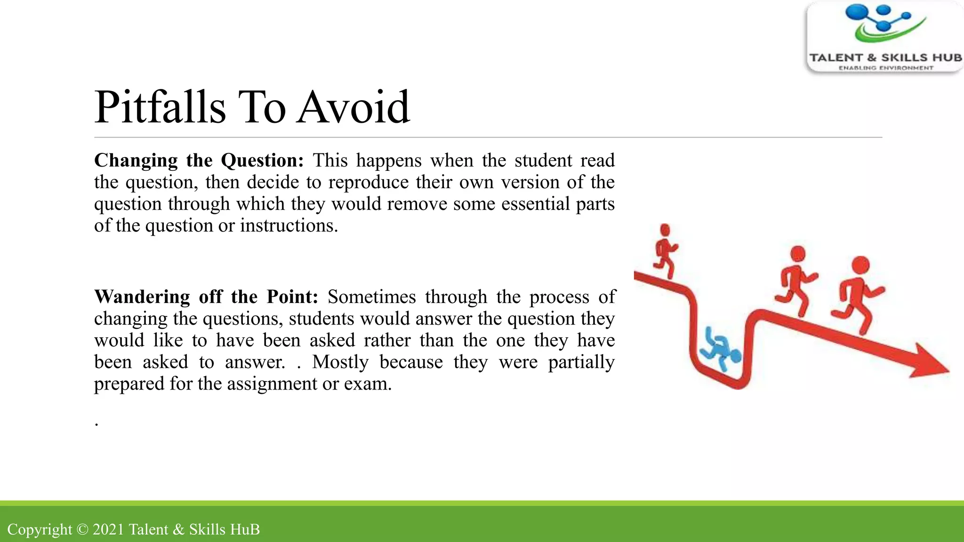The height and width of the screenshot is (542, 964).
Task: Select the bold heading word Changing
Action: pos(136,161)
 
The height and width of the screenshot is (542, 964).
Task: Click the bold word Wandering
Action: pos(142,297)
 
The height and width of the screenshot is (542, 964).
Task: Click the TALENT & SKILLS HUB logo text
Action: pos(885,58)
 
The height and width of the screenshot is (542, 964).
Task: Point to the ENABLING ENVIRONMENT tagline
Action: pos(885,68)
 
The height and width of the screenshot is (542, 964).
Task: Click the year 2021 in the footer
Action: pos(108,530)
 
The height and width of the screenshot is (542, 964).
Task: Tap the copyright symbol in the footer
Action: pos(82,530)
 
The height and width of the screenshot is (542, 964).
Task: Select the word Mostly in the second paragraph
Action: pos(340,362)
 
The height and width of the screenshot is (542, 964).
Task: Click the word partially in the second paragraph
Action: pos(581,362)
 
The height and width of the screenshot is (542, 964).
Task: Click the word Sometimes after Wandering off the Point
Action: pos(372,297)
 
